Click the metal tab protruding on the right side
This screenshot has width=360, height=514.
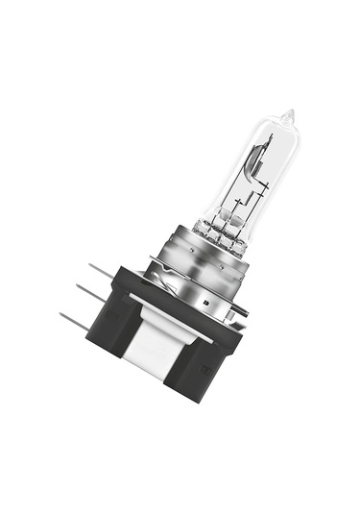[x=240, y=309]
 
